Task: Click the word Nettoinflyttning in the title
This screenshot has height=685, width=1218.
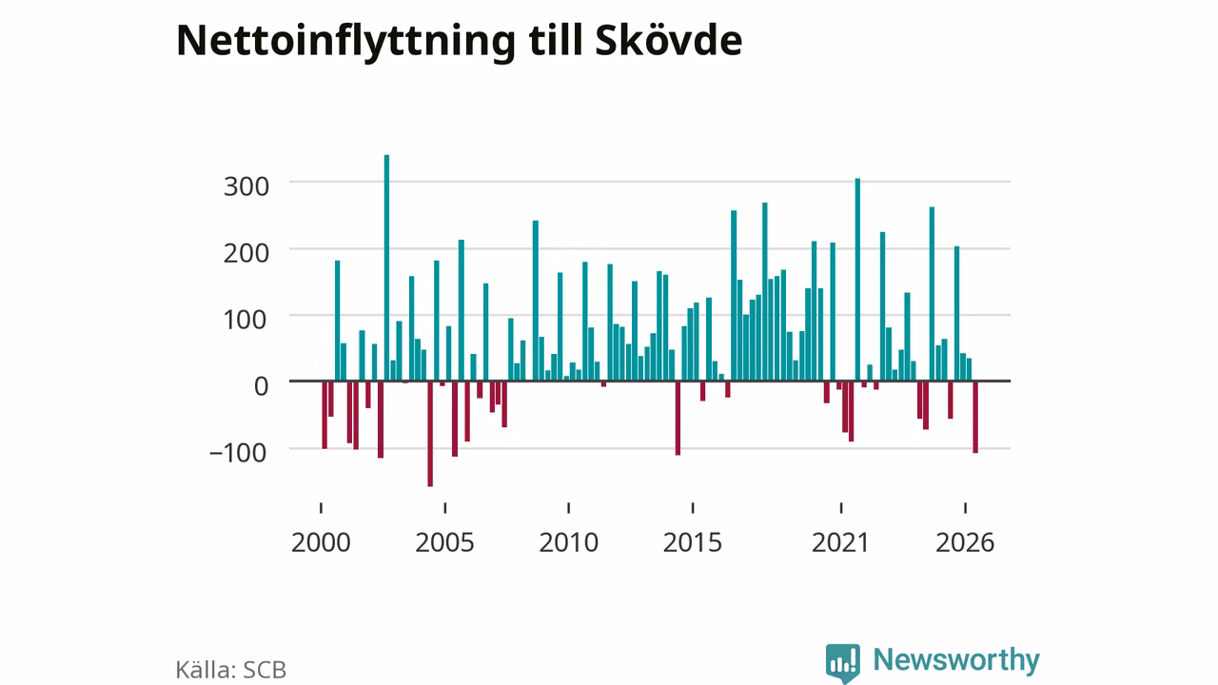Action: [345, 41]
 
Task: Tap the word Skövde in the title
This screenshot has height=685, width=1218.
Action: [669, 40]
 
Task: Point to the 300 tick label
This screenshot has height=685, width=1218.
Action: [246, 186]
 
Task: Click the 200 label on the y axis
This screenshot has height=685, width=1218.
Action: [246, 253]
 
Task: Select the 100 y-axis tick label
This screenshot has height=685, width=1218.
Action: [246, 320]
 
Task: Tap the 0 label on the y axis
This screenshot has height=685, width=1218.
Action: [262, 386]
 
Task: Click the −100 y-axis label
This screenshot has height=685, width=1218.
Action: [238, 453]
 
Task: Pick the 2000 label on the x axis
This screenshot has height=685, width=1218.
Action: [321, 542]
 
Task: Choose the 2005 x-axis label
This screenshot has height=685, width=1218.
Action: [444, 542]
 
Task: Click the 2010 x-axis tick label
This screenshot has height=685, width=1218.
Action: [569, 542]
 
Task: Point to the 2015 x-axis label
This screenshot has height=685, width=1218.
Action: [693, 542]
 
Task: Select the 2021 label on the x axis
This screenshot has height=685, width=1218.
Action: [840, 542]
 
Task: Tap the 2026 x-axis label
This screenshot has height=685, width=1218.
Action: [965, 542]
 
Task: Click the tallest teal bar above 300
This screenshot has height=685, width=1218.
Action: [386, 268]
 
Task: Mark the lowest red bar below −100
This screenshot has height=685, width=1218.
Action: [430, 434]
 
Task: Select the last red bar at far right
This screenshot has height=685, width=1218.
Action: [975, 417]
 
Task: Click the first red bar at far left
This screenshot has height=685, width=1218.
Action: [324, 415]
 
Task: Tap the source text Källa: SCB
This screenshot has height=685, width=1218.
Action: [231, 669]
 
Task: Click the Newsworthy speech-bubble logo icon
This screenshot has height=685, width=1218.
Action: [843, 663]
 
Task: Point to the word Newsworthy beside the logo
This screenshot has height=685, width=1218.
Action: [956, 659]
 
